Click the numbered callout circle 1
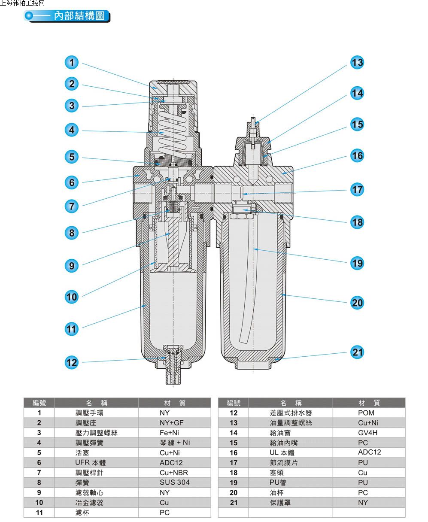72,63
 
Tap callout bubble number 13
357,63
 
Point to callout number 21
357,352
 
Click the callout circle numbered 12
72,362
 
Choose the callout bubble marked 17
357,189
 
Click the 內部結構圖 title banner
69,16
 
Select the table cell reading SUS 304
174,483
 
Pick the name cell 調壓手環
89,413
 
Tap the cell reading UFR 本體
88,463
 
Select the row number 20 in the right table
234,493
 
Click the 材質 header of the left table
175,403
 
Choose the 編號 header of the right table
234,403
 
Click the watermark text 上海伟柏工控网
22,3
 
